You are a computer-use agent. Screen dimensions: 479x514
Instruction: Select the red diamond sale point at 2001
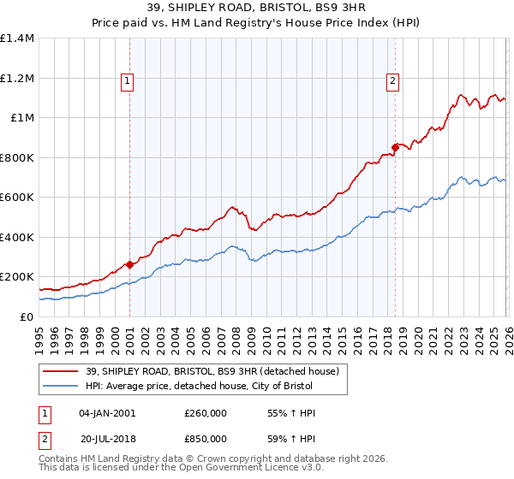pyautogui.click(x=129, y=265)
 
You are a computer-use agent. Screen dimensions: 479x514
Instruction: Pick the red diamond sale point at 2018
pyautogui.click(x=395, y=147)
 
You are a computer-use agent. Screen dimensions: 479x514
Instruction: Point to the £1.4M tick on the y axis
pyautogui.click(x=17, y=38)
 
